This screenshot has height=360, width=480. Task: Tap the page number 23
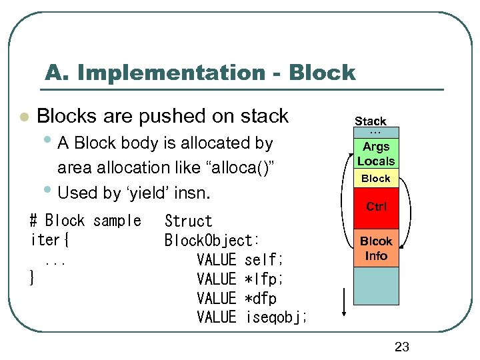[401, 346]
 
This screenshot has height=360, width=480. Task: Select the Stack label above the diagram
[370, 121]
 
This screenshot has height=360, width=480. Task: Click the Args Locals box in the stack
[376, 154]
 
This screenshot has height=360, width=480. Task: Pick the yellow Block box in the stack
[376, 178]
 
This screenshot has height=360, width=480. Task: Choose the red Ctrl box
[376, 207]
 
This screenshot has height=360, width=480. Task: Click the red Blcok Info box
[376, 249]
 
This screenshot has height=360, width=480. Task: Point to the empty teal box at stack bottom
[376, 286]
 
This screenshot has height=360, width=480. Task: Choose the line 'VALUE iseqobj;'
[252, 317]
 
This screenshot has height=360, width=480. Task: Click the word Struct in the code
[188, 221]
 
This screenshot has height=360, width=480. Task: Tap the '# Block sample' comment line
[85, 221]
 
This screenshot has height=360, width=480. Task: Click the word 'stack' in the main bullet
[264, 116]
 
